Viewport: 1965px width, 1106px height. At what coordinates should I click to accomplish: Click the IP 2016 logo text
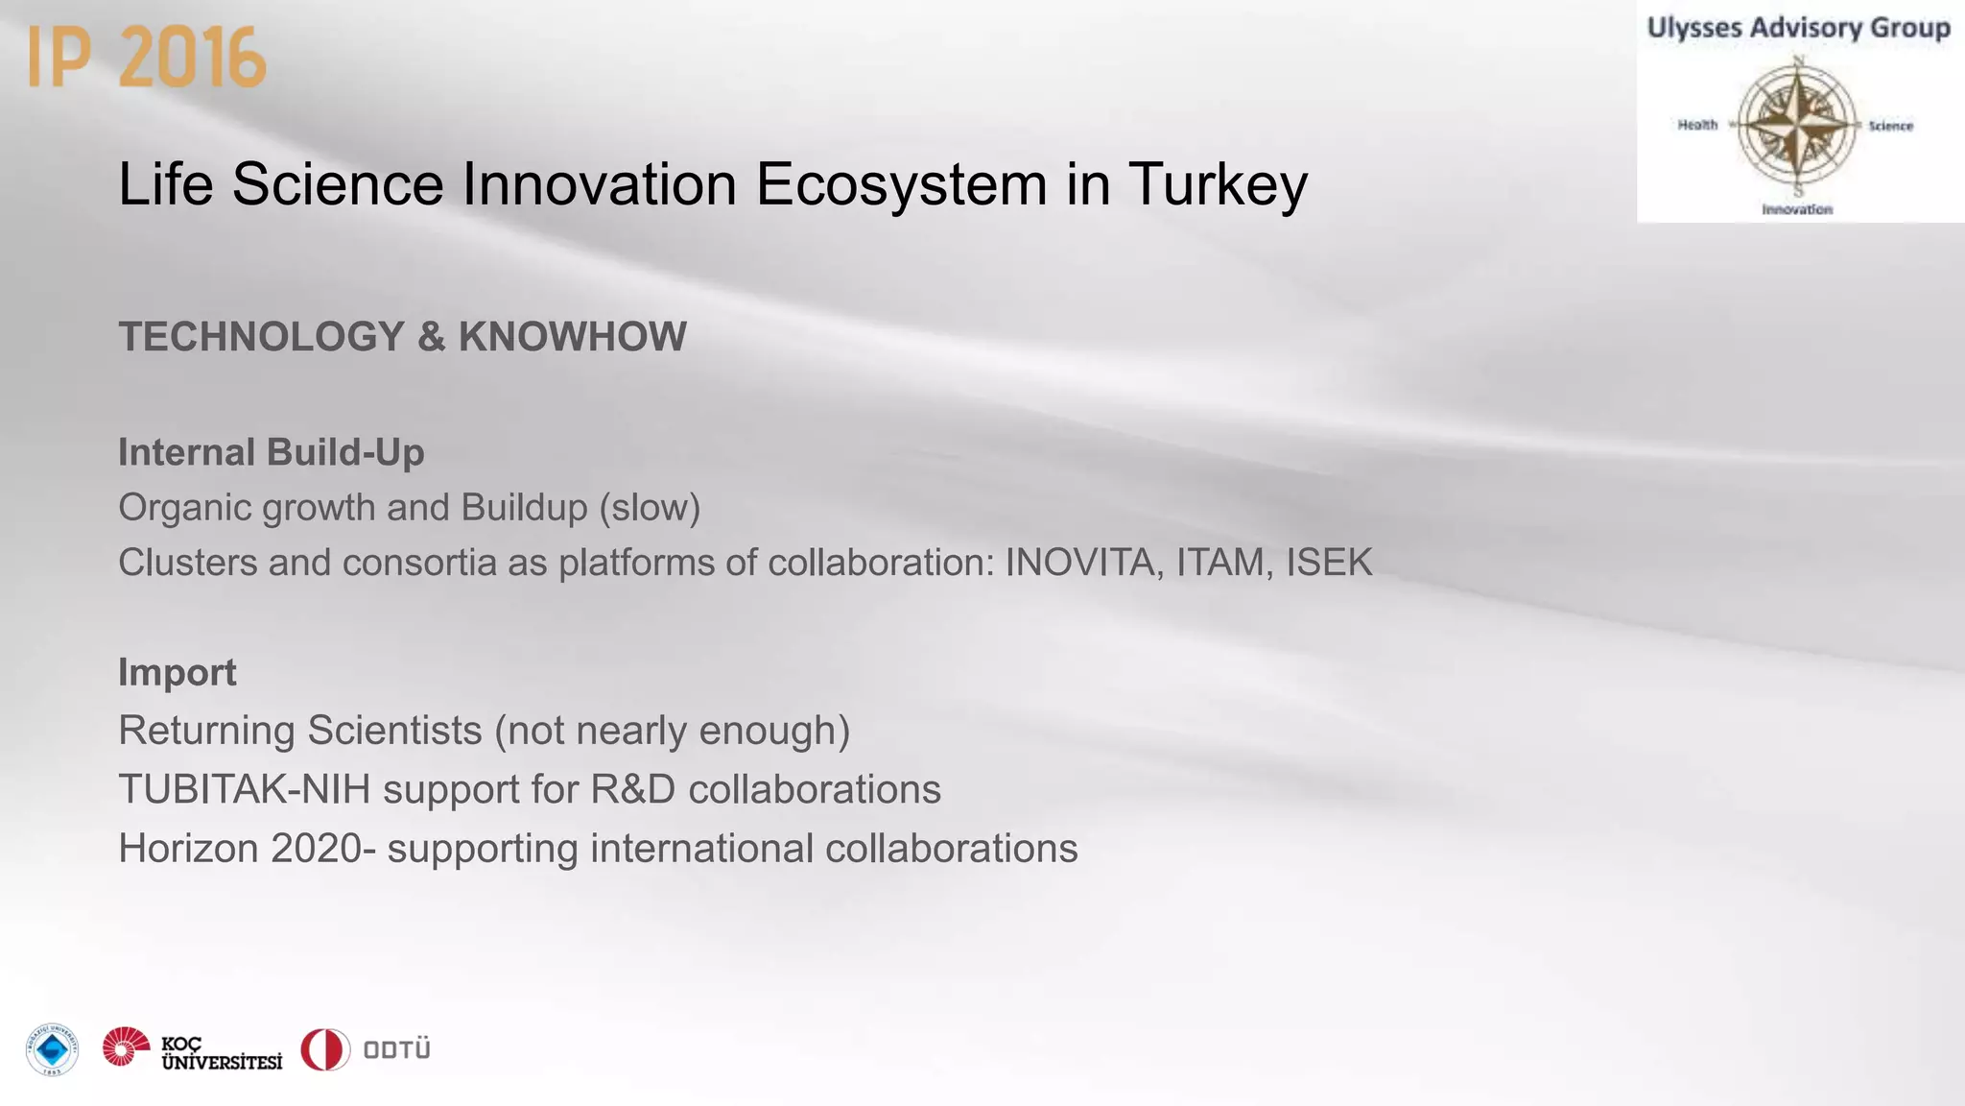click(147, 58)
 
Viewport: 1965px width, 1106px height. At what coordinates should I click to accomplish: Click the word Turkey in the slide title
click(1218, 183)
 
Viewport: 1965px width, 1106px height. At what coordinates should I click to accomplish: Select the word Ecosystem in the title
click(901, 183)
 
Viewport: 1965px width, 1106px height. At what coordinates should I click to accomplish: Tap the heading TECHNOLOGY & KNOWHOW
click(402, 337)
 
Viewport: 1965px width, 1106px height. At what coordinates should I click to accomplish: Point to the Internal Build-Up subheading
click(272, 452)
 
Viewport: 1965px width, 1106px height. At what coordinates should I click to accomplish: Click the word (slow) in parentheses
click(650, 508)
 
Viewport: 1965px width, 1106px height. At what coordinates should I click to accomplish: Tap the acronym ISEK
click(1329, 563)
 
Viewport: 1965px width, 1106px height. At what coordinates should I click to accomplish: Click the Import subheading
click(178, 672)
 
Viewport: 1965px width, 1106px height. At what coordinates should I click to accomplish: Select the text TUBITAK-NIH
click(245, 789)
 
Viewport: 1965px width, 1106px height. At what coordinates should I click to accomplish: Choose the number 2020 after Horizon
click(317, 849)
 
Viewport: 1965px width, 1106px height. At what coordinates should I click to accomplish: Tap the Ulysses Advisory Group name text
click(1798, 28)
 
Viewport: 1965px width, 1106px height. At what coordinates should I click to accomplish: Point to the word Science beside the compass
click(1890, 126)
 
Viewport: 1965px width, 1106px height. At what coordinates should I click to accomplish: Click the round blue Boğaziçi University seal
click(52, 1049)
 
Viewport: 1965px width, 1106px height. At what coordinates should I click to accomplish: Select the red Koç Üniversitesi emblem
click(126, 1047)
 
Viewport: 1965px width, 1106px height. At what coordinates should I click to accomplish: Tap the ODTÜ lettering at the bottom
click(396, 1049)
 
